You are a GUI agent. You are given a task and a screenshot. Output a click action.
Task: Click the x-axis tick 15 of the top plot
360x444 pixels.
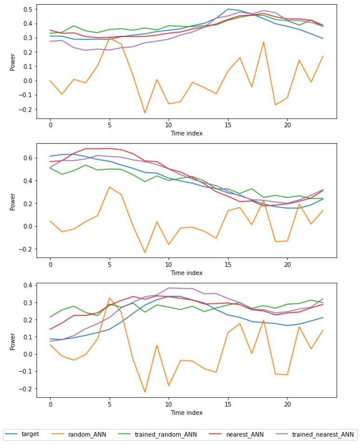[228, 126]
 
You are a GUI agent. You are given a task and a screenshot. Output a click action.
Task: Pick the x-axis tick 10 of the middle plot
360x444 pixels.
[168, 264]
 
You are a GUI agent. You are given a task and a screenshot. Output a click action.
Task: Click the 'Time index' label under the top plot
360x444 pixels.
[186, 133]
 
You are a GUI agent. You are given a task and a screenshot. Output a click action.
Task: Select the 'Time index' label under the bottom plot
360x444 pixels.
[186, 412]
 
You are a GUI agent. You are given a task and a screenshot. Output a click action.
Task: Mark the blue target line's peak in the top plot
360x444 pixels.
[228, 9]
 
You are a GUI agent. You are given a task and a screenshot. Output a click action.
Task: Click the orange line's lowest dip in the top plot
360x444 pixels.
[145, 113]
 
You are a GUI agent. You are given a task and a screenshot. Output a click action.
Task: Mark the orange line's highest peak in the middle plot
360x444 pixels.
[109, 187]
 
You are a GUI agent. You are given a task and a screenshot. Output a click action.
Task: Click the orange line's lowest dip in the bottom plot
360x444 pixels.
[145, 392]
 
